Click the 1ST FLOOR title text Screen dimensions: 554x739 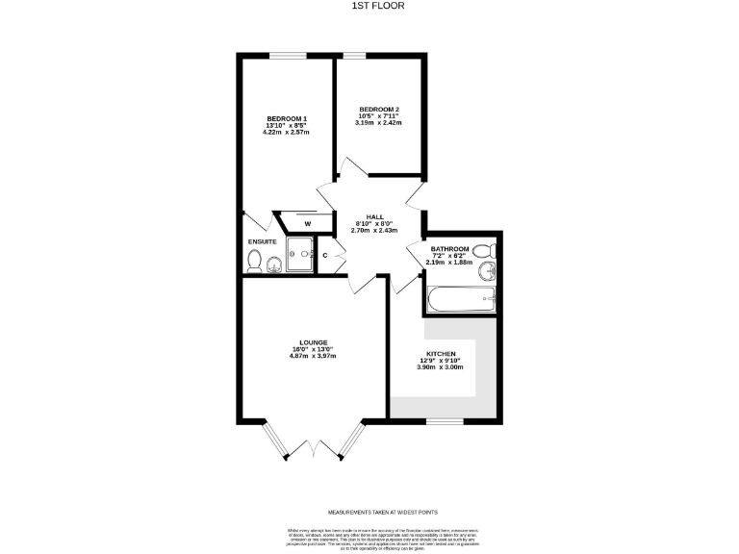click(369, 6)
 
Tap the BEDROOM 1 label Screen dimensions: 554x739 click(286, 117)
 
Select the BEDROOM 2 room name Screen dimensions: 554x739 click(377, 109)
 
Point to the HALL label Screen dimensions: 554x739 click(365, 217)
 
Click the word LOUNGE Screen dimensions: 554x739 click(313, 342)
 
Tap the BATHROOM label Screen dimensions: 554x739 click(449, 248)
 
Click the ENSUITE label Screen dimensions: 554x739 click(262, 240)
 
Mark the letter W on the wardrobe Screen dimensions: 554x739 click(307, 224)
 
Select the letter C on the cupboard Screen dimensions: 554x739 click(324, 255)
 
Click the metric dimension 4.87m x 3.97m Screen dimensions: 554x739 click(313, 356)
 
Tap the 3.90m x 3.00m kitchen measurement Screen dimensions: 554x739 click(440, 367)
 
